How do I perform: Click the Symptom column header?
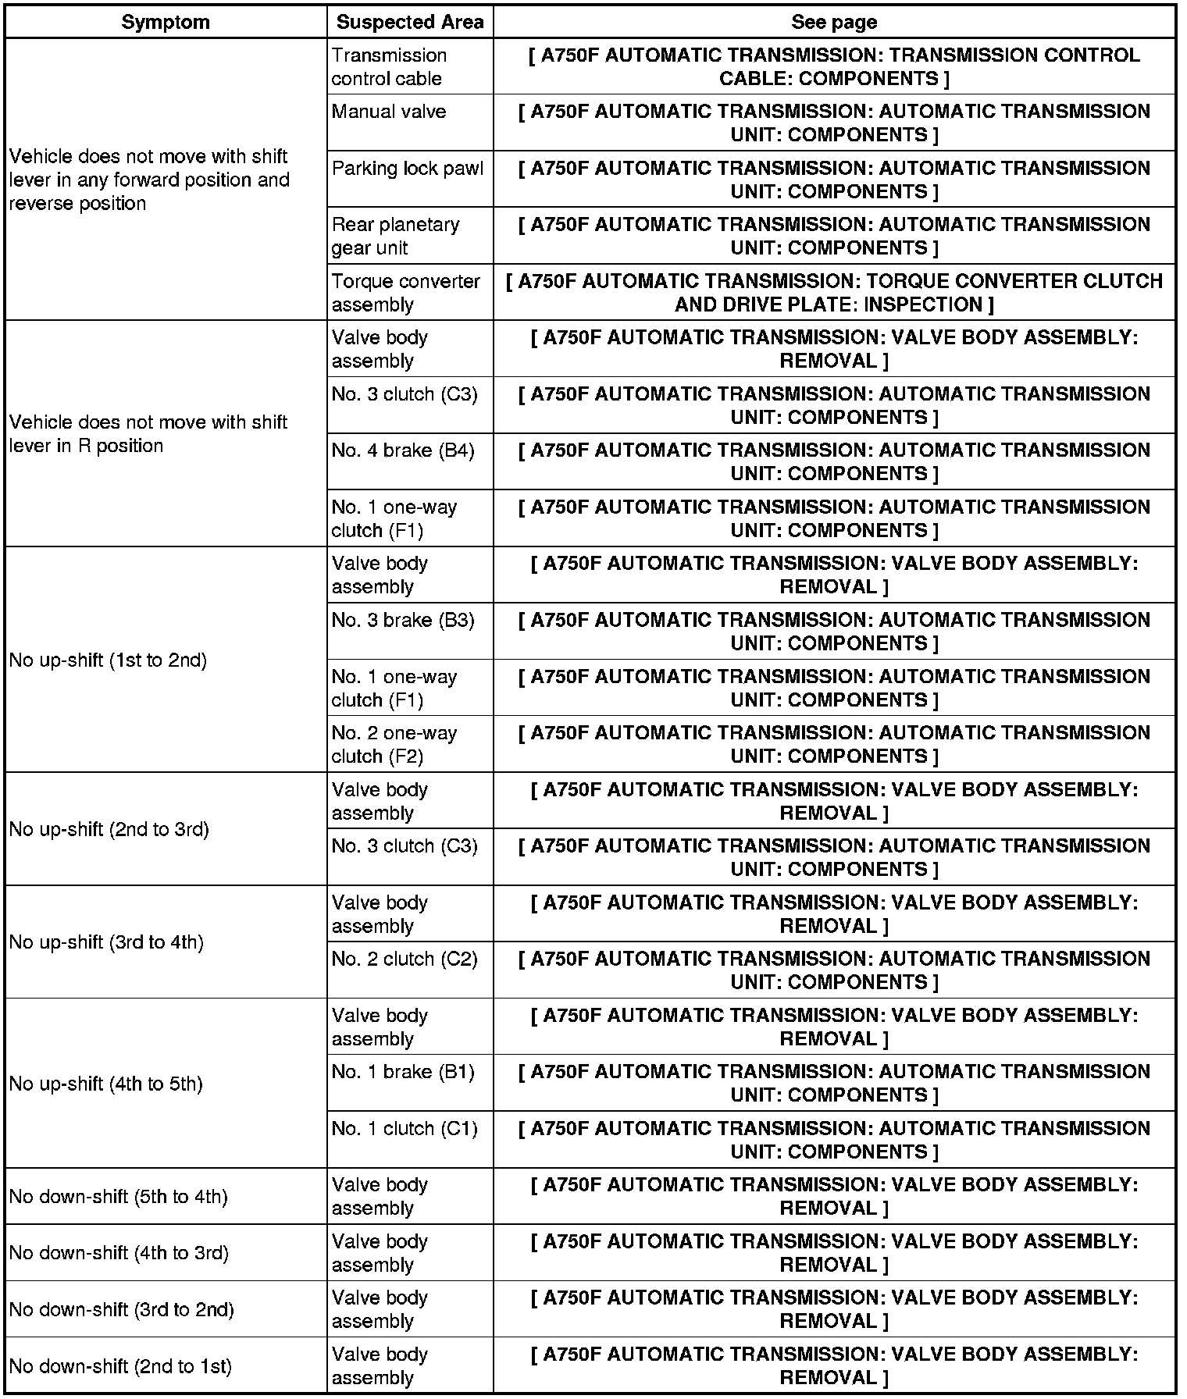pos(166,22)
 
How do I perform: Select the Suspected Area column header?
pos(410,22)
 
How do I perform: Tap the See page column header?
pos(833,22)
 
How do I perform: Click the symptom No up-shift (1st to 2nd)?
pos(108,660)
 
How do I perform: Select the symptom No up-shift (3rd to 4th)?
pos(106,942)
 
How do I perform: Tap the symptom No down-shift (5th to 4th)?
pos(118,1197)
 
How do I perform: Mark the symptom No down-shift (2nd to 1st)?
pos(120,1366)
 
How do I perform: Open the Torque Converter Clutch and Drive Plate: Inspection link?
pos(834,293)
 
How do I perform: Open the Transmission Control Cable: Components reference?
pos(834,67)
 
